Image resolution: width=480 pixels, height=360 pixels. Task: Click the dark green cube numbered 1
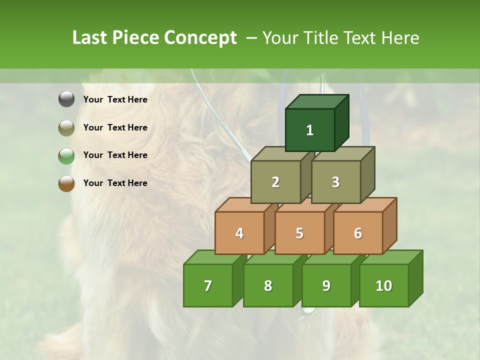(x=310, y=130)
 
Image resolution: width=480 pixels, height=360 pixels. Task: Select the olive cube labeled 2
(x=275, y=182)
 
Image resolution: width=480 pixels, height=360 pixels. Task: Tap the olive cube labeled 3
(x=336, y=182)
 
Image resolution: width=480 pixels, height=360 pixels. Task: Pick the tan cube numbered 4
(x=239, y=233)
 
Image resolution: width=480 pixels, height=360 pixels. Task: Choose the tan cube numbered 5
(x=299, y=233)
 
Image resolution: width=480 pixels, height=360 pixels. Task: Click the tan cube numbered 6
(x=358, y=233)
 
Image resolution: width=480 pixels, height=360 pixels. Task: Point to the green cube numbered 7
(x=208, y=285)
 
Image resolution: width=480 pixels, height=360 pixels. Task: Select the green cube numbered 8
(x=268, y=285)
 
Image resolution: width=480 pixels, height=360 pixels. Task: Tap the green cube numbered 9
(x=326, y=285)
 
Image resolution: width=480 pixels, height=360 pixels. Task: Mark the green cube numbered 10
(x=384, y=285)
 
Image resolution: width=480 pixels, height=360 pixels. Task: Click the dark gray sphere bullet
(x=66, y=99)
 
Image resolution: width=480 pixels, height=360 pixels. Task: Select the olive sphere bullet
(x=66, y=127)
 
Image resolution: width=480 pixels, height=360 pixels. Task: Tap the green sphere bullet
(x=66, y=155)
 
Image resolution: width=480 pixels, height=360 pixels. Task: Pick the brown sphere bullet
(x=66, y=183)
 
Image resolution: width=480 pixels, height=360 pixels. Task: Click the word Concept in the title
(x=200, y=38)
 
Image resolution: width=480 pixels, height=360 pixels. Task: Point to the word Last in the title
(x=90, y=38)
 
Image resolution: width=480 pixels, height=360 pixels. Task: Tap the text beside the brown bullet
(x=115, y=183)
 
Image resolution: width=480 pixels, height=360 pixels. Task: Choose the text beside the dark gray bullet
(x=115, y=99)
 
